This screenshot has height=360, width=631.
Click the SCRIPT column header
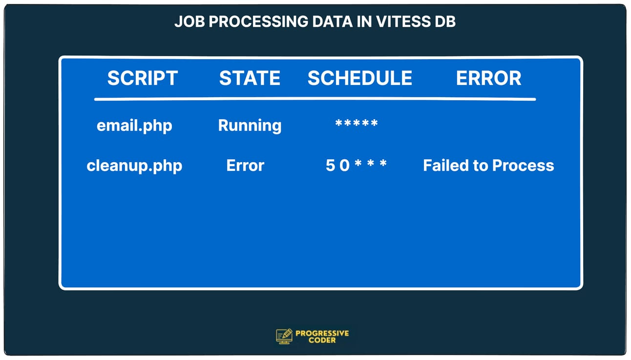(x=142, y=78)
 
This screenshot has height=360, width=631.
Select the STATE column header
(x=250, y=78)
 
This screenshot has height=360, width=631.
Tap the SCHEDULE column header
(x=359, y=78)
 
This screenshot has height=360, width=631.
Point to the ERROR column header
(x=488, y=78)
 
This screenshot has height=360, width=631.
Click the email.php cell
(x=134, y=126)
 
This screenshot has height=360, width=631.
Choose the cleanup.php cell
(x=134, y=166)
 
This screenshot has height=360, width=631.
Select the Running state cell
(x=250, y=126)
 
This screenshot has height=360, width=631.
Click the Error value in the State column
(x=245, y=166)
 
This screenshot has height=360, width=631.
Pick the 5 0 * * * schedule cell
(x=356, y=165)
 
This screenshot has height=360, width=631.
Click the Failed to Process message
(x=488, y=166)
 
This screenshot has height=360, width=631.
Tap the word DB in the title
(x=445, y=22)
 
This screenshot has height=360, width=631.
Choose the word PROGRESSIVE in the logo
(x=322, y=333)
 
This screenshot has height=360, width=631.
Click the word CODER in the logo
(x=322, y=340)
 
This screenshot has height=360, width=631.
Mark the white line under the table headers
(x=315, y=99)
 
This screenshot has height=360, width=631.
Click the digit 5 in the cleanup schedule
(x=330, y=166)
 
